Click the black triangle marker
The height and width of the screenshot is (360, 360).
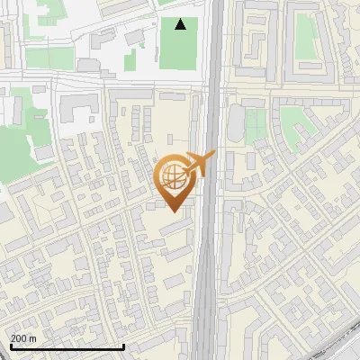pyautogui.click(x=181, y=24)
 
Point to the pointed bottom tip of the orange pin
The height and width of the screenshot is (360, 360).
pyautogui.click(x=174, y=211)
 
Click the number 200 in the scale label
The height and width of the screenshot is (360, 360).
pyautogui.click(x=19, y=338)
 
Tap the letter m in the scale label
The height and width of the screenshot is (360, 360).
pyautogui.click(x=33, y=338)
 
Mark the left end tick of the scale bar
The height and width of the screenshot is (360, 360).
pyautogui.click(x=10, y=346)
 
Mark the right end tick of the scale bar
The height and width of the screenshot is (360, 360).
pyautogui.click(x=123, y=346)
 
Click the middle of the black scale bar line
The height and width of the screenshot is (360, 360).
pyautogui.click(x=67, y=347)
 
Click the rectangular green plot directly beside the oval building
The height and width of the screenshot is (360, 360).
pyautogui.click(x=255, y=126)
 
